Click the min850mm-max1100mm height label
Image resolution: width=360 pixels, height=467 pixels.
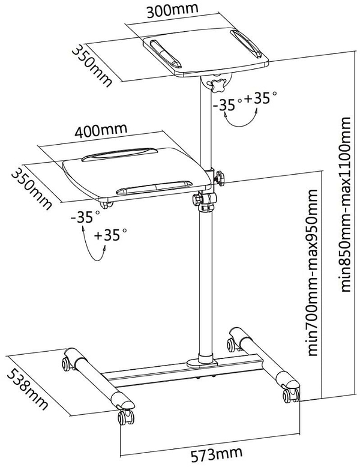tap(346, 204)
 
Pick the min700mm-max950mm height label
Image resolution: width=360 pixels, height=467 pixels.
tap(312, 273)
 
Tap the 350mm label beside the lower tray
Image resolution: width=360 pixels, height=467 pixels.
tap(31, 187)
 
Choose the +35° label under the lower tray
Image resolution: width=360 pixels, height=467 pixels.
tap(110, 235)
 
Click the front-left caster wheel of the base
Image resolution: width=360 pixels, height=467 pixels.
tap(125, 417)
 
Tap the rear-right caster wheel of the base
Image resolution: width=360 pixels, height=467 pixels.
tap(230, 344)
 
